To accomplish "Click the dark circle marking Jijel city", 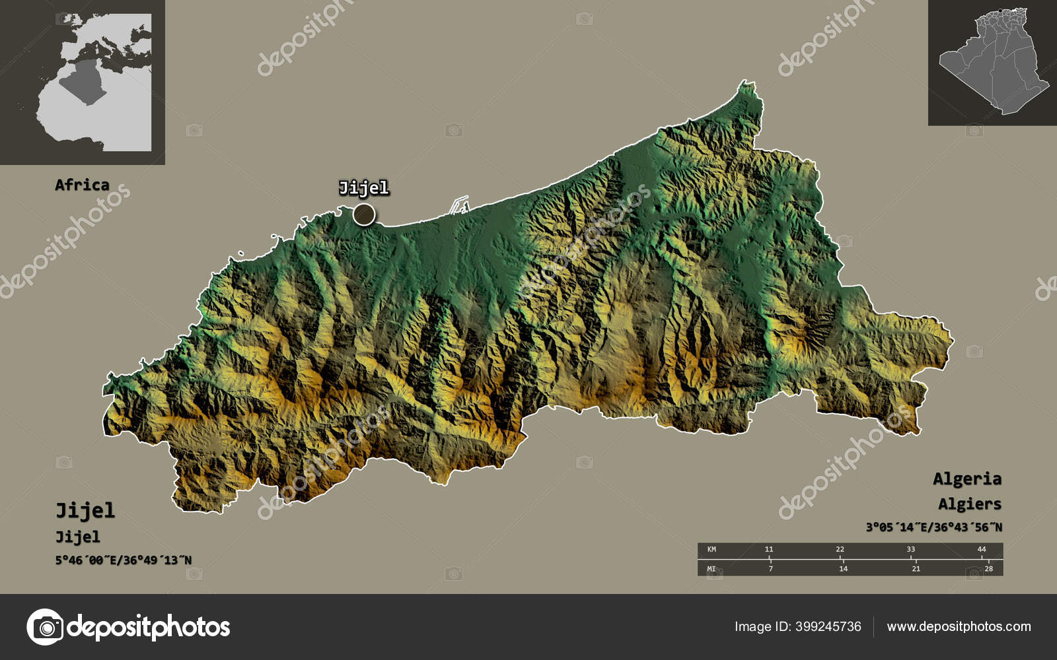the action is tap(364, 214).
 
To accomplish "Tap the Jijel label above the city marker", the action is tap(363, 188).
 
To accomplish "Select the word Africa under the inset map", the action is tap(82, 185).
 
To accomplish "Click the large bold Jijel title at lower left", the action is tap(85, 510).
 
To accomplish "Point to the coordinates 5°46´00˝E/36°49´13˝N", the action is tap(124, 560).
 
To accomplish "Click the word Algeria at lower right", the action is tap(966, 478).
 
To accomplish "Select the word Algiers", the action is tap(969, 504).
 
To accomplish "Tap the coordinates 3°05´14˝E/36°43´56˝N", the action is tap(933, 527).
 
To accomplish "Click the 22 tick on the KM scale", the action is tap(840, 549).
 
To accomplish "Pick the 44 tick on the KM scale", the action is tap(982, 549).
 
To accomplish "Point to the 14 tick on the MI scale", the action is tap(843, 568).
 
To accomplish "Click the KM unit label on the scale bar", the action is tap(711, 549).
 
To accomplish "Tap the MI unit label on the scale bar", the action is tap(711, 568).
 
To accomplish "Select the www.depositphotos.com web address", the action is tap(959, 626).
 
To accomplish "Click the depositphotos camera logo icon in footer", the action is tap(45, 626).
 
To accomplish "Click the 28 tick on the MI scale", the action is tap(988, 568).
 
